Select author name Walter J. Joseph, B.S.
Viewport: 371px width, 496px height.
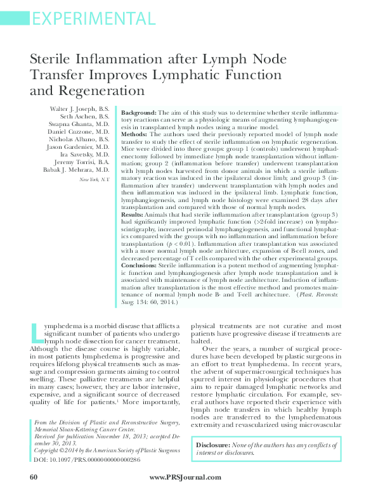pos(79,110)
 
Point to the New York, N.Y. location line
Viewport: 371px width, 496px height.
pos(94,181)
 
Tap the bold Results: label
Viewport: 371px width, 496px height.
pos(134,232)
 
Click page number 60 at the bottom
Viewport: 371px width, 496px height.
pos(34,476)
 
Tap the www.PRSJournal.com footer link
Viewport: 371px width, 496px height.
pos(186,477)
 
